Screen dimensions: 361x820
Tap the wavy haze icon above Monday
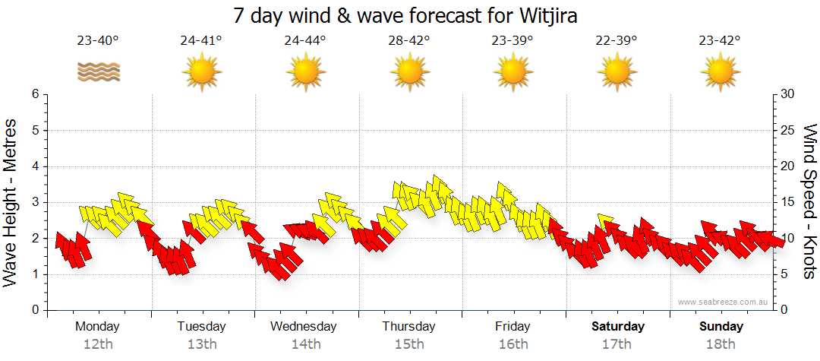click(98, 72)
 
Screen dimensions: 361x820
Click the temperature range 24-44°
click(305, 40)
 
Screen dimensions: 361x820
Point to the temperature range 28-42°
click(409, 40)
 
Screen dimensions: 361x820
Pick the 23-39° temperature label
click(512, 40)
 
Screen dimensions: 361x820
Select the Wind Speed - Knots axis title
click(809, 201)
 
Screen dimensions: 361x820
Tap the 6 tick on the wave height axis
click(35, 94)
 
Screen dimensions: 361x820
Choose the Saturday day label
click(618, 327)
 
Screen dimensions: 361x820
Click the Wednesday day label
click(304, 327)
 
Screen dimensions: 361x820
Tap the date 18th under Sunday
click(721, 344)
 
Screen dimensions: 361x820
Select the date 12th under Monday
click(98, 344)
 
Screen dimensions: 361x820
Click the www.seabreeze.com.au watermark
click(724, 302)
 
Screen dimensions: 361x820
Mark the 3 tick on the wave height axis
click(35, 202)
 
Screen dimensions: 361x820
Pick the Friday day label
click(512, 327)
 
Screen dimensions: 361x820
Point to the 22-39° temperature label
click(617, 40)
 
